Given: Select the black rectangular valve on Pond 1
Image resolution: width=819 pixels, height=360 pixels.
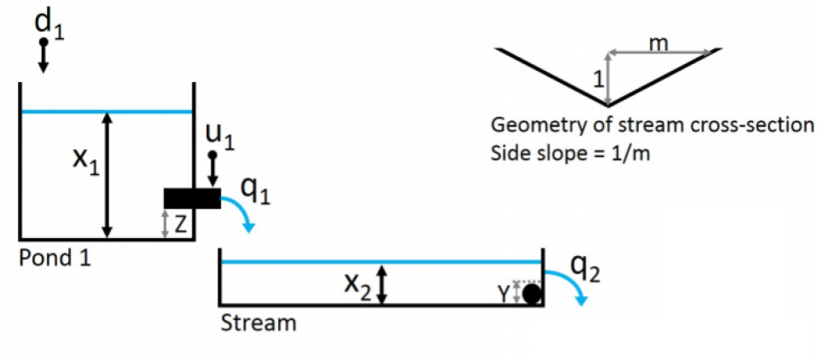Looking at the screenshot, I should (191, 198).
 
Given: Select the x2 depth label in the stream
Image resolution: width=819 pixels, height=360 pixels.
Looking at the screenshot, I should (357, 287).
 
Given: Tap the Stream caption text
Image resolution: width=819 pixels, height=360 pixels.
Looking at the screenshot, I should (258, 324).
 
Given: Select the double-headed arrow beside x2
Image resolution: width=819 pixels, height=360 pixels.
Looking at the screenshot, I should (383, 284).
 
